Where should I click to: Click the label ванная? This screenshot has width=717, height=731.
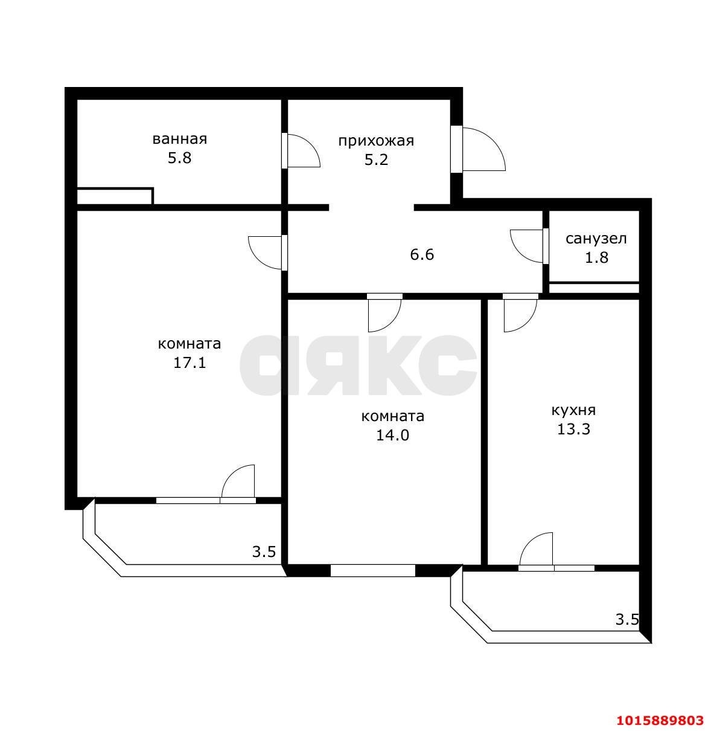point(180,139)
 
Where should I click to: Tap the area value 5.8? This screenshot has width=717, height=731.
point(180,158)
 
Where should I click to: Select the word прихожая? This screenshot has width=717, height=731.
point(376,141)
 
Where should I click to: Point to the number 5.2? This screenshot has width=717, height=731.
point(377,159)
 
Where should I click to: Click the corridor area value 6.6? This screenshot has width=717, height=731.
point(422,254)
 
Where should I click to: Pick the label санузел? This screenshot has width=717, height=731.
point(596,239)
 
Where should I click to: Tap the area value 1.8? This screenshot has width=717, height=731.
point(596,258)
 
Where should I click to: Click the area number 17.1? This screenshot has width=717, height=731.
point(190,363)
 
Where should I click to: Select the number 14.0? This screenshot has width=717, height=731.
point(393,436)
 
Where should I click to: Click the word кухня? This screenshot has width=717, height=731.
point(573,410)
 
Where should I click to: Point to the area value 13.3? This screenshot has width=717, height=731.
point(573,430)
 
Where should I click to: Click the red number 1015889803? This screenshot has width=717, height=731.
point(660,720)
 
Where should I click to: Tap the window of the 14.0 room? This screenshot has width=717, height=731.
point(373,571)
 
